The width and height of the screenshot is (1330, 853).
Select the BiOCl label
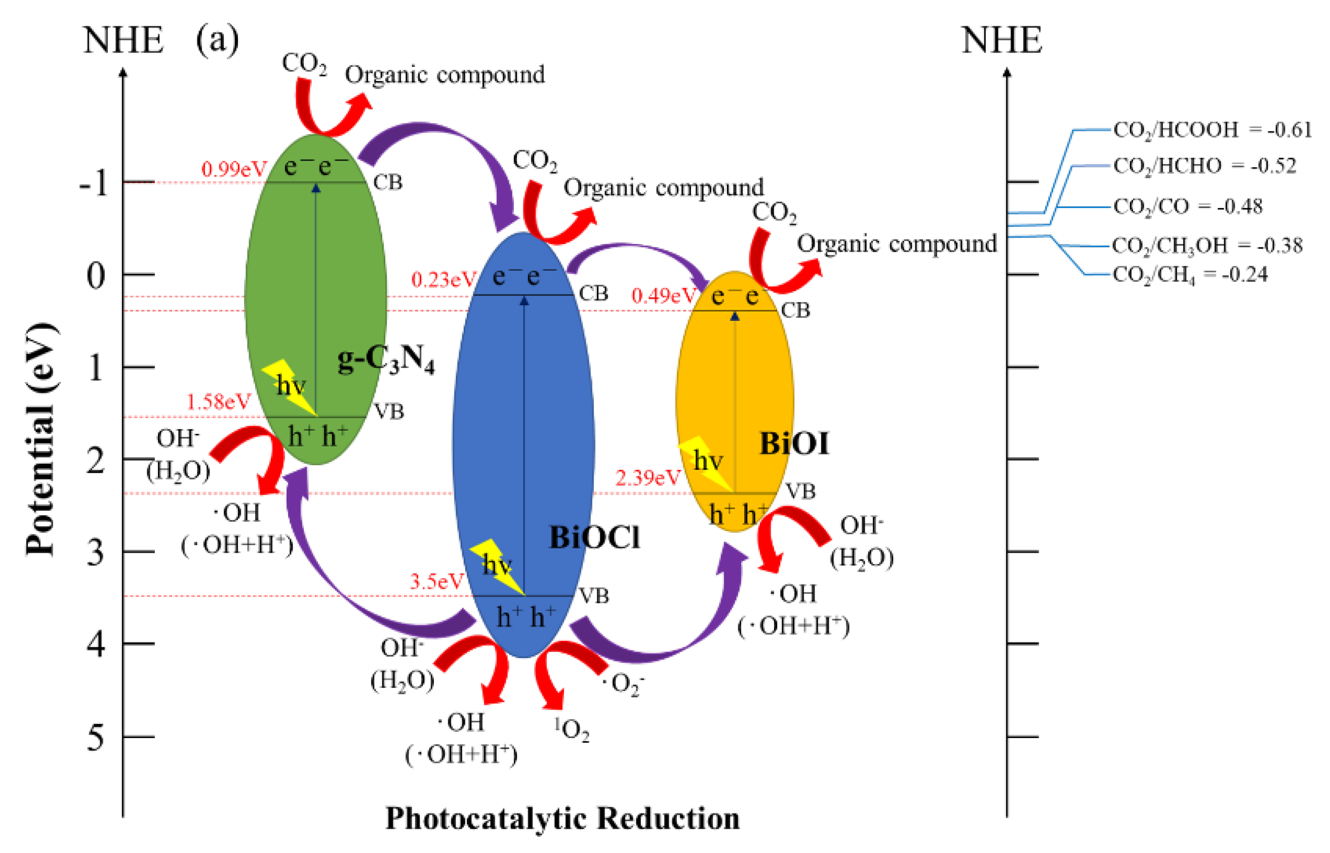[x=594, y=537]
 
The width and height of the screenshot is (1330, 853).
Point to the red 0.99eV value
[x=234, y=169]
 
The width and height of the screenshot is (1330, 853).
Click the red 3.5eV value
[x=436, y=582]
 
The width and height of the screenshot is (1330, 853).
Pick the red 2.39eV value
[x=648, y=477]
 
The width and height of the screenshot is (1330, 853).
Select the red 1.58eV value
[x=218, y=401]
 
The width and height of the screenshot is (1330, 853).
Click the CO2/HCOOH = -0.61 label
[x=1212, y=130]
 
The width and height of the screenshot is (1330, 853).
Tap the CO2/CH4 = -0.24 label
[x=1190, y=275]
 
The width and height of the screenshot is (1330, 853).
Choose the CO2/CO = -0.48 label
[x=1188, y=207]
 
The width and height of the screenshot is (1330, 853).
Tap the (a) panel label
[x=217, y=40]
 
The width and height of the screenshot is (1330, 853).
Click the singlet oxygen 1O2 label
[x=572, y=729]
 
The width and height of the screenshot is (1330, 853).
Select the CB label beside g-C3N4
[x=388, y=182]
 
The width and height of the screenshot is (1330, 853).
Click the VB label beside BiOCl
[x=594, y=596]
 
